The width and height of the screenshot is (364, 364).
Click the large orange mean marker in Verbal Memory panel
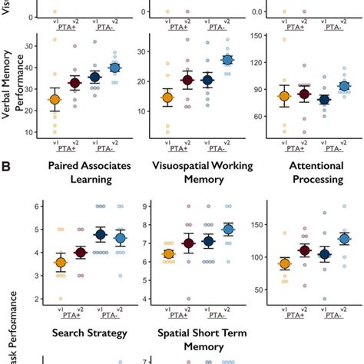pyautogui.click(x=53, y=100)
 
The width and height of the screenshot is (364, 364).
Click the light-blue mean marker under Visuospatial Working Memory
pyautogui.click(x=227, y=229)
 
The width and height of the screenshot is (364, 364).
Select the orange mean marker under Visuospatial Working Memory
pyautogui.click(x=168, y=254)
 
